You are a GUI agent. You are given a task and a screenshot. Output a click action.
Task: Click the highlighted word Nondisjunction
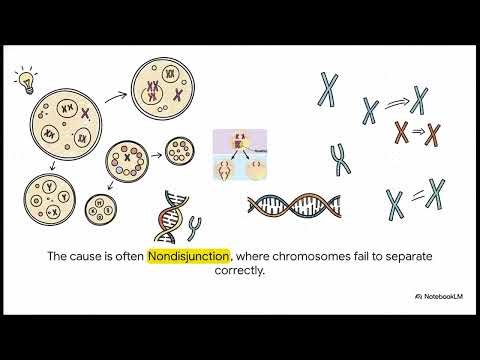[x=188, y=256]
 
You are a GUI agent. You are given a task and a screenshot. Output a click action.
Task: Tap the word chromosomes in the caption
[x=306, y=256]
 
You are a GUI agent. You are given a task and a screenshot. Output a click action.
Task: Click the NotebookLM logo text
[x=440, y=296]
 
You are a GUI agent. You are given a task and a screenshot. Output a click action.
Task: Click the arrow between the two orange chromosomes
[x=418, y=131]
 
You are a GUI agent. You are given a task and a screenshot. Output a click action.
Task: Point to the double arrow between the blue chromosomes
[x=396, y=102]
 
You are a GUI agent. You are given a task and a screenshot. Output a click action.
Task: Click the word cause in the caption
[x=92, y=256]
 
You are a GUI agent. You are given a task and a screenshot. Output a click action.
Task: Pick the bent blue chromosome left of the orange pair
[x=339, y=159]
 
